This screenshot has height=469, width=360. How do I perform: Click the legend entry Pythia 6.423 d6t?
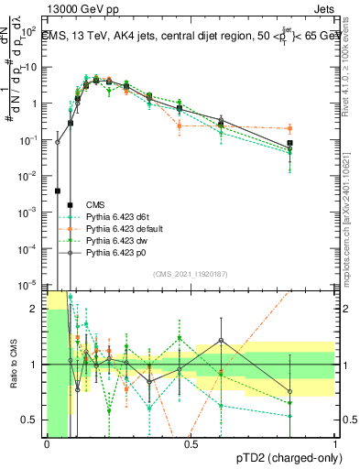[x=120, y=214]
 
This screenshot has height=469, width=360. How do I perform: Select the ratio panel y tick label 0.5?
[x=30, y=420]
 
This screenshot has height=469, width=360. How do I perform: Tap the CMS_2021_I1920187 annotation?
[x=189, y=274]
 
